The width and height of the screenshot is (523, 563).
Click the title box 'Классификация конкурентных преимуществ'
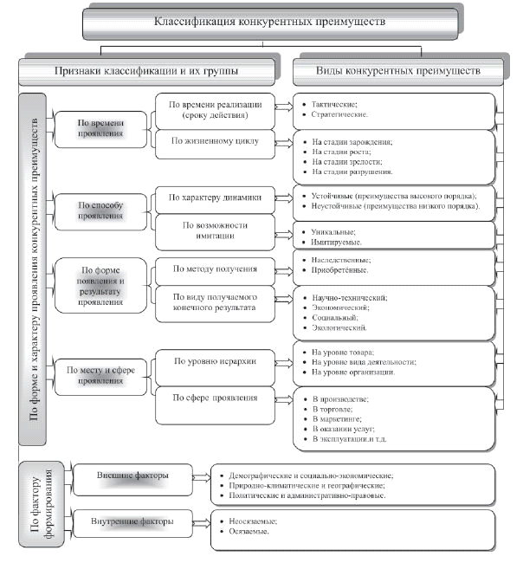point(268,21)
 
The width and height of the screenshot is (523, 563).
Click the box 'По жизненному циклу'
point(215,139)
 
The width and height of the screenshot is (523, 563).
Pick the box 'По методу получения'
point(215,270)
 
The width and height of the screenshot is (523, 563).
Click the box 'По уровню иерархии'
point(215,362)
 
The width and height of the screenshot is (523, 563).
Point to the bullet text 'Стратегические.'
point(334,114)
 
